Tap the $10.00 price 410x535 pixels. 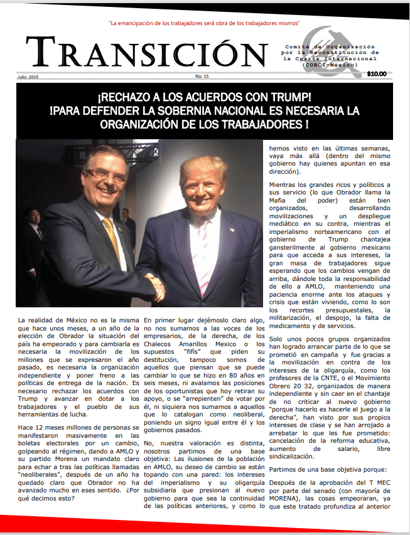coord(377,74)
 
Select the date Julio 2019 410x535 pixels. coord(28,77)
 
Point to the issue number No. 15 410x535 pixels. coord(202,77)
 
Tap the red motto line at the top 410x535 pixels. coord(205,23)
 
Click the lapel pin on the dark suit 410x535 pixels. coord(232,230)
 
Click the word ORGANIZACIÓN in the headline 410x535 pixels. coord(154,123)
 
